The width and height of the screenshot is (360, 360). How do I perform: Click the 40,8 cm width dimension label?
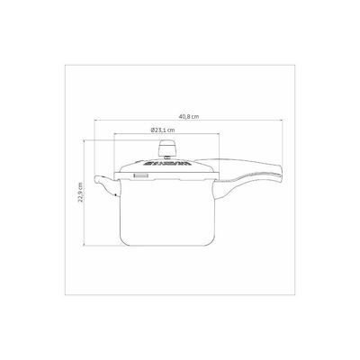tap(189, 116)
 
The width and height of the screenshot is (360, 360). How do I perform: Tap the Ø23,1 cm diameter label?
tap(162, 130)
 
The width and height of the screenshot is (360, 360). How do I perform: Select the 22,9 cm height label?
tap(80, 193)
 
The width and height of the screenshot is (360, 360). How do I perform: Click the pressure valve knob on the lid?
tap(167, 148)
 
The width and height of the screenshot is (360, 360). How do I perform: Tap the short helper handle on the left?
tap(106, 185)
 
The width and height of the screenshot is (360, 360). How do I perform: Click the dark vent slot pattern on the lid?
tap(167, 164)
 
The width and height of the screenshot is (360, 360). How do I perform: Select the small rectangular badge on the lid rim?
tap(140, 176)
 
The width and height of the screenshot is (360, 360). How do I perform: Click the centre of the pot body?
tap(166, 212)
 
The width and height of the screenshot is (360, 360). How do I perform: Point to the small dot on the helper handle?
tap(116, 195)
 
